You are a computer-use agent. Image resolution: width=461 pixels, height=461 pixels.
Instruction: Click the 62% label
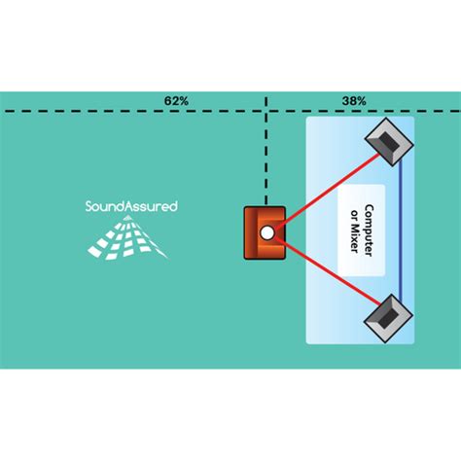[176, 101]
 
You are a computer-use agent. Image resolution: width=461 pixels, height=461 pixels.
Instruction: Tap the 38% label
[354, 101]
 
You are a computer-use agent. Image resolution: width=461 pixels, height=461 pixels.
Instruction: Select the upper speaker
[389, 142]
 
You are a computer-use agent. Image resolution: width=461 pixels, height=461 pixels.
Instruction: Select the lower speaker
[388, 319]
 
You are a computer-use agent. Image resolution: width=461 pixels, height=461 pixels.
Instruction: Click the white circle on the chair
[266, 232]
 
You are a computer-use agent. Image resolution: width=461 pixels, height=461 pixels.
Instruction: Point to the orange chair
[265, 232]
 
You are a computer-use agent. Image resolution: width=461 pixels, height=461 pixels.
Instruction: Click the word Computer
[369, 230]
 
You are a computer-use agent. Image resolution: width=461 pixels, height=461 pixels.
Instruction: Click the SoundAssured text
[131, 206]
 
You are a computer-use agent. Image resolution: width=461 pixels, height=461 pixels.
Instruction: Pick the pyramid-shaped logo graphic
[127, 237]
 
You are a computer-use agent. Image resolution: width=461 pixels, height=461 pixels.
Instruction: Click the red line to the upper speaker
[327, 192]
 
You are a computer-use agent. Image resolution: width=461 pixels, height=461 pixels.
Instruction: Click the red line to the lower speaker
[328, 270]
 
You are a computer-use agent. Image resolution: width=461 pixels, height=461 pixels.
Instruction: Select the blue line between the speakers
[401, 230]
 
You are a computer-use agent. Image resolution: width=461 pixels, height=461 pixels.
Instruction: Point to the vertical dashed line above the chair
[266, 151]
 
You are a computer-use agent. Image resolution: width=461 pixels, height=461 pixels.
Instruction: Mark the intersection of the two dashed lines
[266, 111]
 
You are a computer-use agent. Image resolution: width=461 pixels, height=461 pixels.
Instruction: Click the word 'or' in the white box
[355, 216]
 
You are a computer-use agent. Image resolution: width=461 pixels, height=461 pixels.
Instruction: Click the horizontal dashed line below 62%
[230, 111]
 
